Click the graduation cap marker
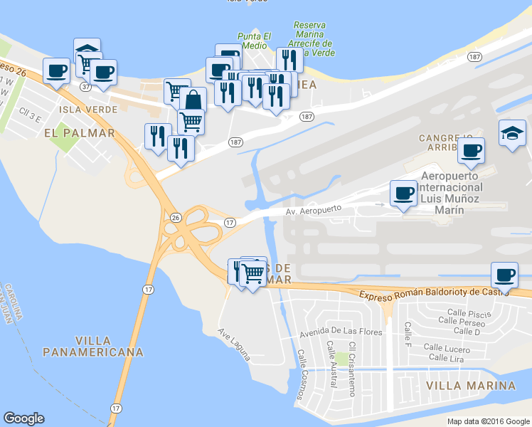[x=513, y=135]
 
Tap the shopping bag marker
[x=193, y=100]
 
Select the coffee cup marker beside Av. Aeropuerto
[x=404, y=194]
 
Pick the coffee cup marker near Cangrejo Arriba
[x=471, y=151]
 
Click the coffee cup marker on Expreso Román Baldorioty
[x=504, y=275]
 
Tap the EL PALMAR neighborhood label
[x=79, y=132]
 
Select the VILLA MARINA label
[x=470, y=386]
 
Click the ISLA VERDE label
[x=86, y=109]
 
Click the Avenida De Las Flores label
[x=341, y=332]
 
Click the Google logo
[x=23, y=418]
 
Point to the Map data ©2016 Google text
[x=489, y=421]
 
